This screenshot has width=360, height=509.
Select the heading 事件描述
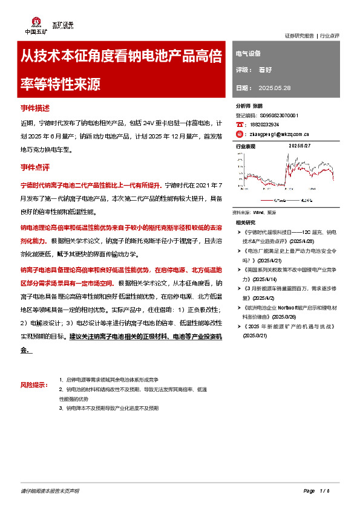tap(35, 108)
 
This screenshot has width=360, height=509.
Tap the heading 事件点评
tap(35, 166)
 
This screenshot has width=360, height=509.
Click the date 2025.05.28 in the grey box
tap(275, 88)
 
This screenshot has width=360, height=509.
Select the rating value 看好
tap(266, 70)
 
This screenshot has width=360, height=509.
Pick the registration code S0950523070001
tap(279, 115)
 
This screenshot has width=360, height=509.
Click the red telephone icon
tap(240, 124)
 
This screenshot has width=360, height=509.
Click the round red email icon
tap(240, 134)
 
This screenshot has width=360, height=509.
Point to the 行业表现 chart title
tap(246, 146)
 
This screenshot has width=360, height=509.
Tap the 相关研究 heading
tap(246, 222)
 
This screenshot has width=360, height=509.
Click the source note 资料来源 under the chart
tap(254, 213)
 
